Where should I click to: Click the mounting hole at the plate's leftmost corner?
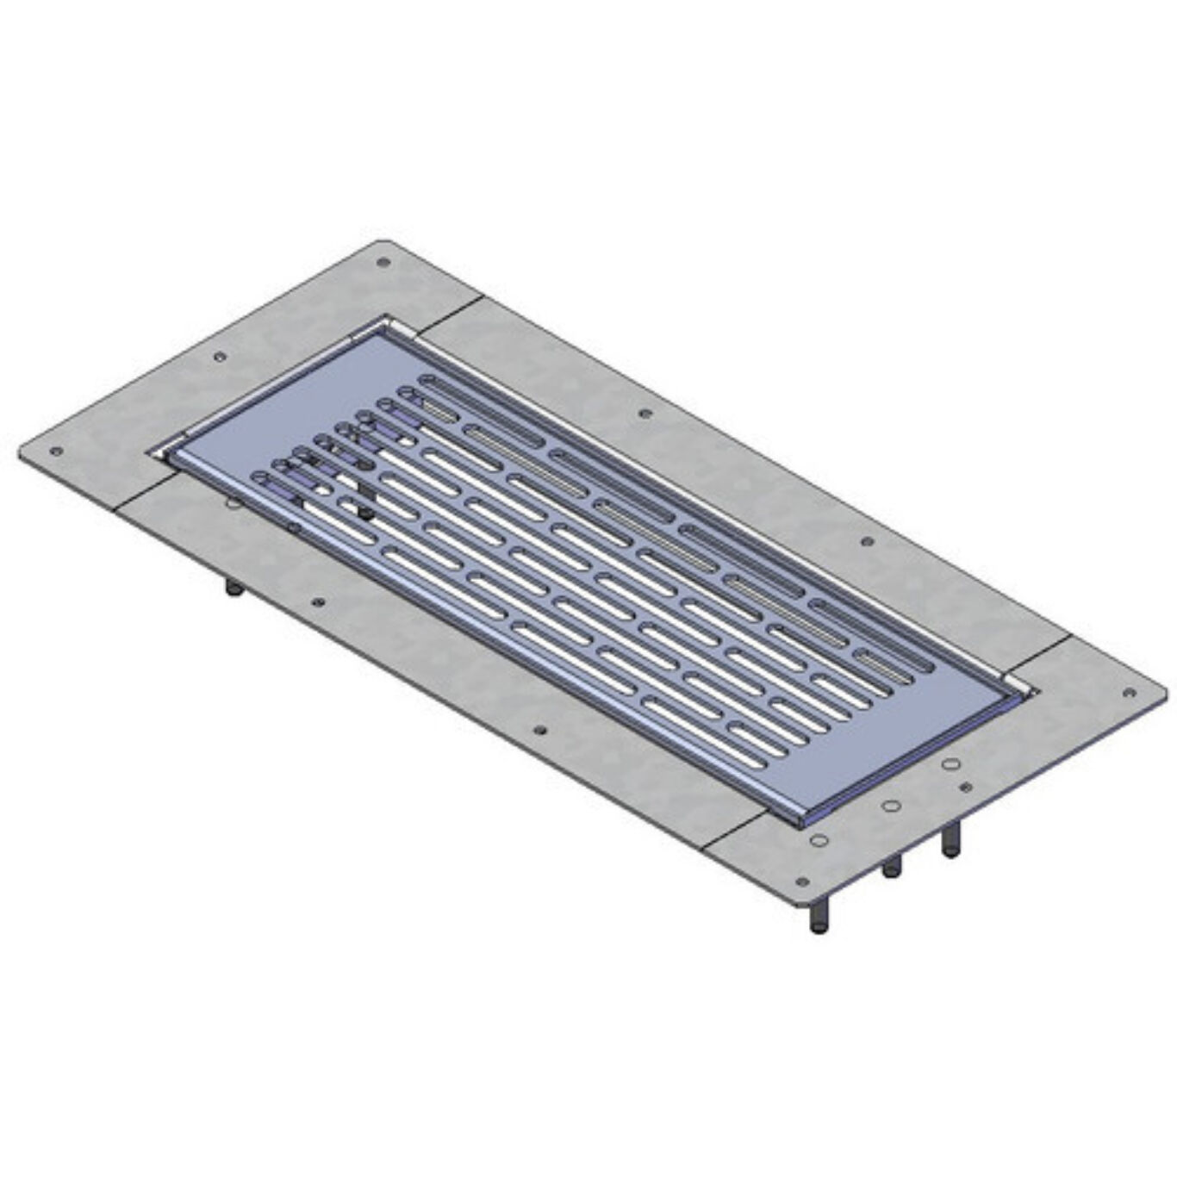pyautogui.click(x=56, y=451)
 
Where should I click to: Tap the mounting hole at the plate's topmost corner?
pyautogui.click(x=383, y=262)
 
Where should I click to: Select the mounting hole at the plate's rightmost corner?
pyautogui.click(x=1130, y=692)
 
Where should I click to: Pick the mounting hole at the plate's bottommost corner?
pyautogui.click(x=802, y=881)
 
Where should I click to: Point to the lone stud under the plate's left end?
pyautogui.click(x=233, y=588)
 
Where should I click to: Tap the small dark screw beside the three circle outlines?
pyautogui.click(x=965, y=787)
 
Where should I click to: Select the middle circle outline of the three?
pyautogui.click(x=892, y=806)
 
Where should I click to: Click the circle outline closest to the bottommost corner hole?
pyautogui.click(x=819, y=839)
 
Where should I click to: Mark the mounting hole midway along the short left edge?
pyautogui.click(x=220, y=356)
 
